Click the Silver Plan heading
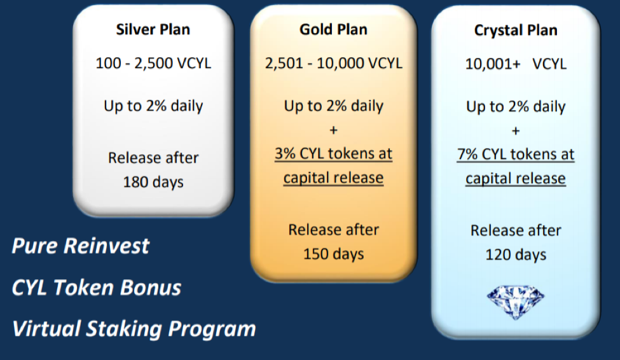click(x=153, y=30)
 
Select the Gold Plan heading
click(x=333, y=30)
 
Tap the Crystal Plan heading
click(x=516, y=31)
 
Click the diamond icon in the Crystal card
click(x=515, y=302)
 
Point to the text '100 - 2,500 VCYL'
click(x=153, y=64)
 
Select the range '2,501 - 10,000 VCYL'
click(x=333, y=64)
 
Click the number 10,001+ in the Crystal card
click(x=493, y=64)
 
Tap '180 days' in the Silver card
click(x=153, y=183)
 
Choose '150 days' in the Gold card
click(x=333, y=254)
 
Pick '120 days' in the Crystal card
click(x=516, y=255)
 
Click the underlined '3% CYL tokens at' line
click(x=333, y=154)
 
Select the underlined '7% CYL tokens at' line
click(x=516, y=155)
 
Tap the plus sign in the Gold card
click(x=333, y=130)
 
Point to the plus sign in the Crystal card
click(x=516, y=131)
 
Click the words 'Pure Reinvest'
click(x=81, y=246)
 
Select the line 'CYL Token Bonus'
click(x=97, y=287)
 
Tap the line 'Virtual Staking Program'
click(x=134, y=329)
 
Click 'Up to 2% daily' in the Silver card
click(x=153, y=106)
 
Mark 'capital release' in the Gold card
click(x=333, y=178)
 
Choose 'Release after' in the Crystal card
click(x=516, y=231)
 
